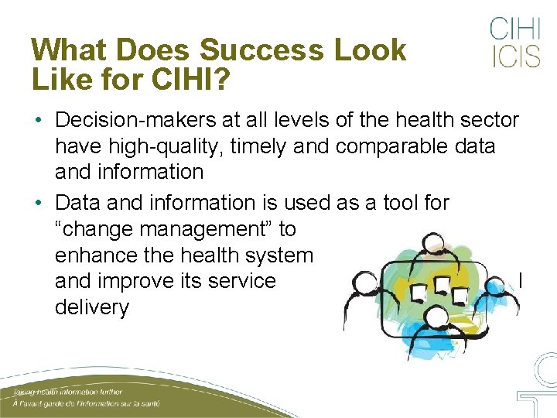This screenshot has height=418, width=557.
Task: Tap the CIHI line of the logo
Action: (514, 29)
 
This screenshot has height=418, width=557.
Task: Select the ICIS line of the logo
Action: (514, 57)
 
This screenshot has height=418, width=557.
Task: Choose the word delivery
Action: (91, 307)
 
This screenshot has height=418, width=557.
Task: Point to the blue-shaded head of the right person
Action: (496, 283)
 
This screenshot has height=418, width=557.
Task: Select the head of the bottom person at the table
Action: (437, 315)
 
